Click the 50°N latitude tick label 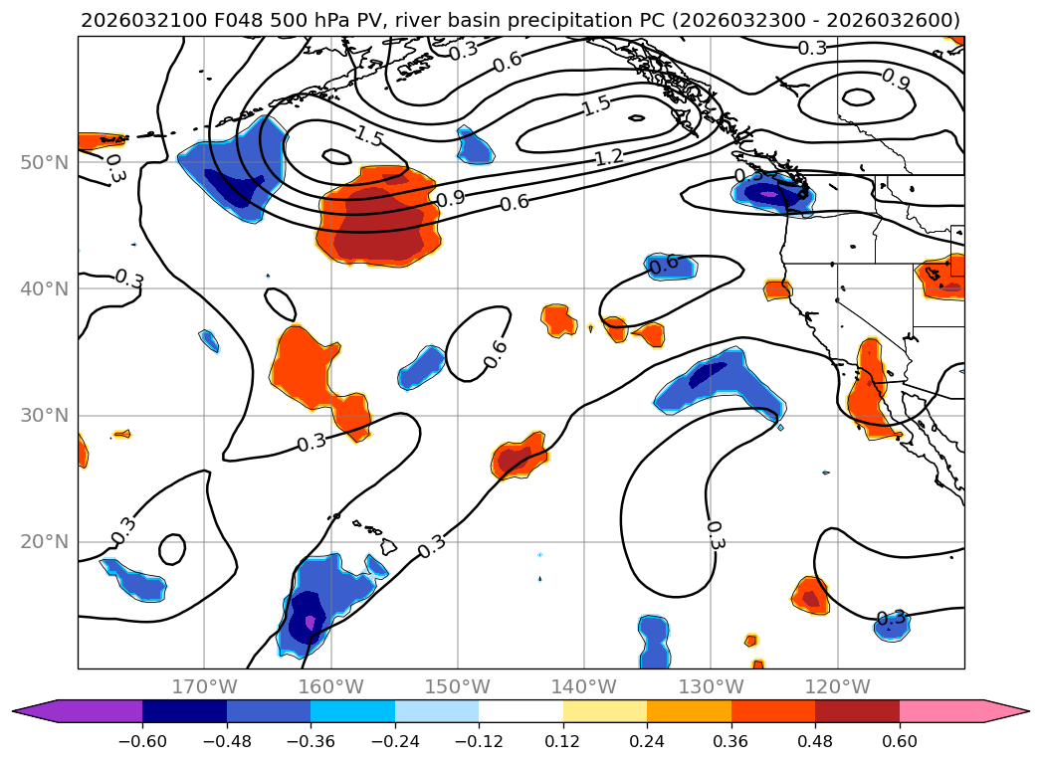[x=44, y=162]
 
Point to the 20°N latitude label [x=44, y=542]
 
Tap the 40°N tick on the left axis [x=44, y=288]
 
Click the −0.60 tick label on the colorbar [x=142, y=741]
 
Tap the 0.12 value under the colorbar [x=563, y=741]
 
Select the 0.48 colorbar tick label [x=815, y=741]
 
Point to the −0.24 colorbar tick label [x=395, y=741]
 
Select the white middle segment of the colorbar [x=521, y=711]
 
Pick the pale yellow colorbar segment [x=605, y=711]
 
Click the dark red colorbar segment [x=857, y=711]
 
